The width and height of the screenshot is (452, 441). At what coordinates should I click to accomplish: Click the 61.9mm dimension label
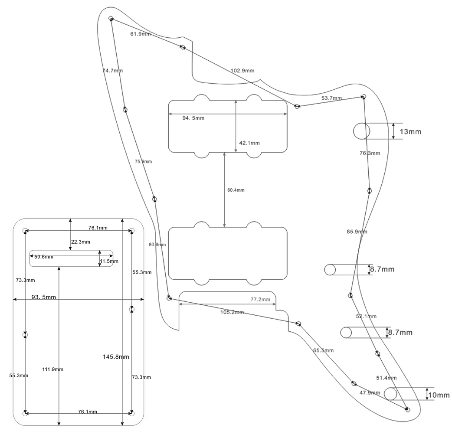[x=141, y=34]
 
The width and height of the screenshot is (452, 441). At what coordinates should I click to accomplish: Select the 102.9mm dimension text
[x=242, y=70]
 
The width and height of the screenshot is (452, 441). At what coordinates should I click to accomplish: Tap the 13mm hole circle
[x=361, y=131]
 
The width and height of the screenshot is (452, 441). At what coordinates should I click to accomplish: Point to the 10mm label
[x=438, y=395]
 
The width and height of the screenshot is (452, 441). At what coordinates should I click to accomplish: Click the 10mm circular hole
[x=391, y=394]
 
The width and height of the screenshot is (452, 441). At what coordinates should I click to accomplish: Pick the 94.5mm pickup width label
[x=193, y=118]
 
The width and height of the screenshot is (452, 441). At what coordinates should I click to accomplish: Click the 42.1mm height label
[x=249, y=143]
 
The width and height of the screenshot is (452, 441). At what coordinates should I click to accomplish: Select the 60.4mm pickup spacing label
[x=236, y=190]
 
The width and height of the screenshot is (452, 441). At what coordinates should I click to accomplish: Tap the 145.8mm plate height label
[x=116, y=356]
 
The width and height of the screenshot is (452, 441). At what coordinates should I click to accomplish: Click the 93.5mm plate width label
[x=43, y=297]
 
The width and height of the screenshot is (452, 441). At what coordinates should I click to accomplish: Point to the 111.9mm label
[x=53, y=369]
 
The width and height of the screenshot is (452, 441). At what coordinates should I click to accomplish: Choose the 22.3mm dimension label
[x=81, y=242]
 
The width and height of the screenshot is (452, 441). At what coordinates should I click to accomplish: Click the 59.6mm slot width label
[x=44, y=257]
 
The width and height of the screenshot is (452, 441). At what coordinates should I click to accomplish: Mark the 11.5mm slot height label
[x=108, y=261]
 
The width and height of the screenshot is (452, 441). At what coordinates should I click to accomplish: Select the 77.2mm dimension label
[x=260, y=299]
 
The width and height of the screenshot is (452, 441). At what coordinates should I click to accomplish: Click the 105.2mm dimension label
[x=233, y=312]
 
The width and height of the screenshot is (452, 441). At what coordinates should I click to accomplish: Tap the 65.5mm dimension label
[x=323, y=350]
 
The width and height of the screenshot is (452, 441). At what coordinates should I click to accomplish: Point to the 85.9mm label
[x=357, y=232]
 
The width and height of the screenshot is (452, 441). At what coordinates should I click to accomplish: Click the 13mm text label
[x=410, y=131]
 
